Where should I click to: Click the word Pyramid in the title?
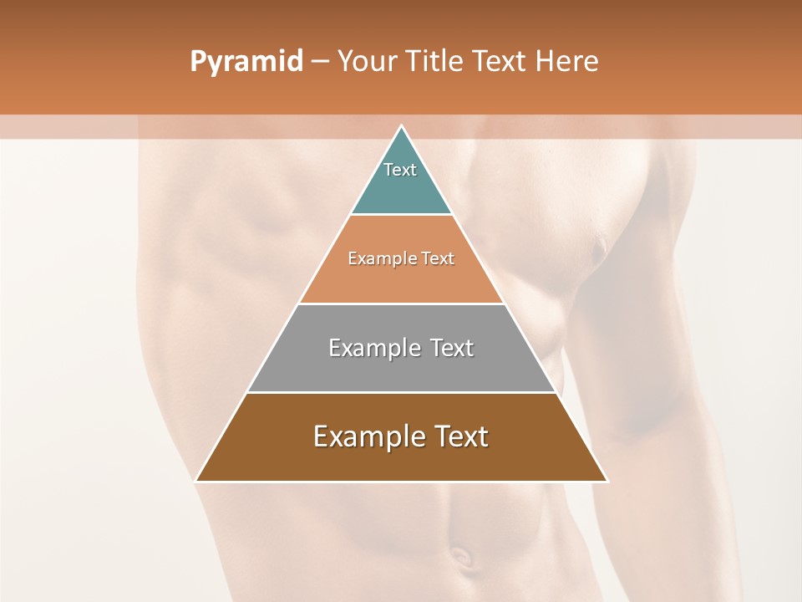click(x=246, y=62)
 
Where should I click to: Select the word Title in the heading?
click(x=435, y=62)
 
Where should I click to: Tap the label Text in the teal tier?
click(x=400, y=170)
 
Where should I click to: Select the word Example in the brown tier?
click(x=364, y=436)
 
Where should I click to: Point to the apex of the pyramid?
click(x=401, y=127)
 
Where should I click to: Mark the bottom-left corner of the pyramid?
click(x=196, y=481)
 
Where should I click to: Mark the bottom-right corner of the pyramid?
click(x=607, y=481)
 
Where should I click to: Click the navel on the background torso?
click(x=459, y=554)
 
